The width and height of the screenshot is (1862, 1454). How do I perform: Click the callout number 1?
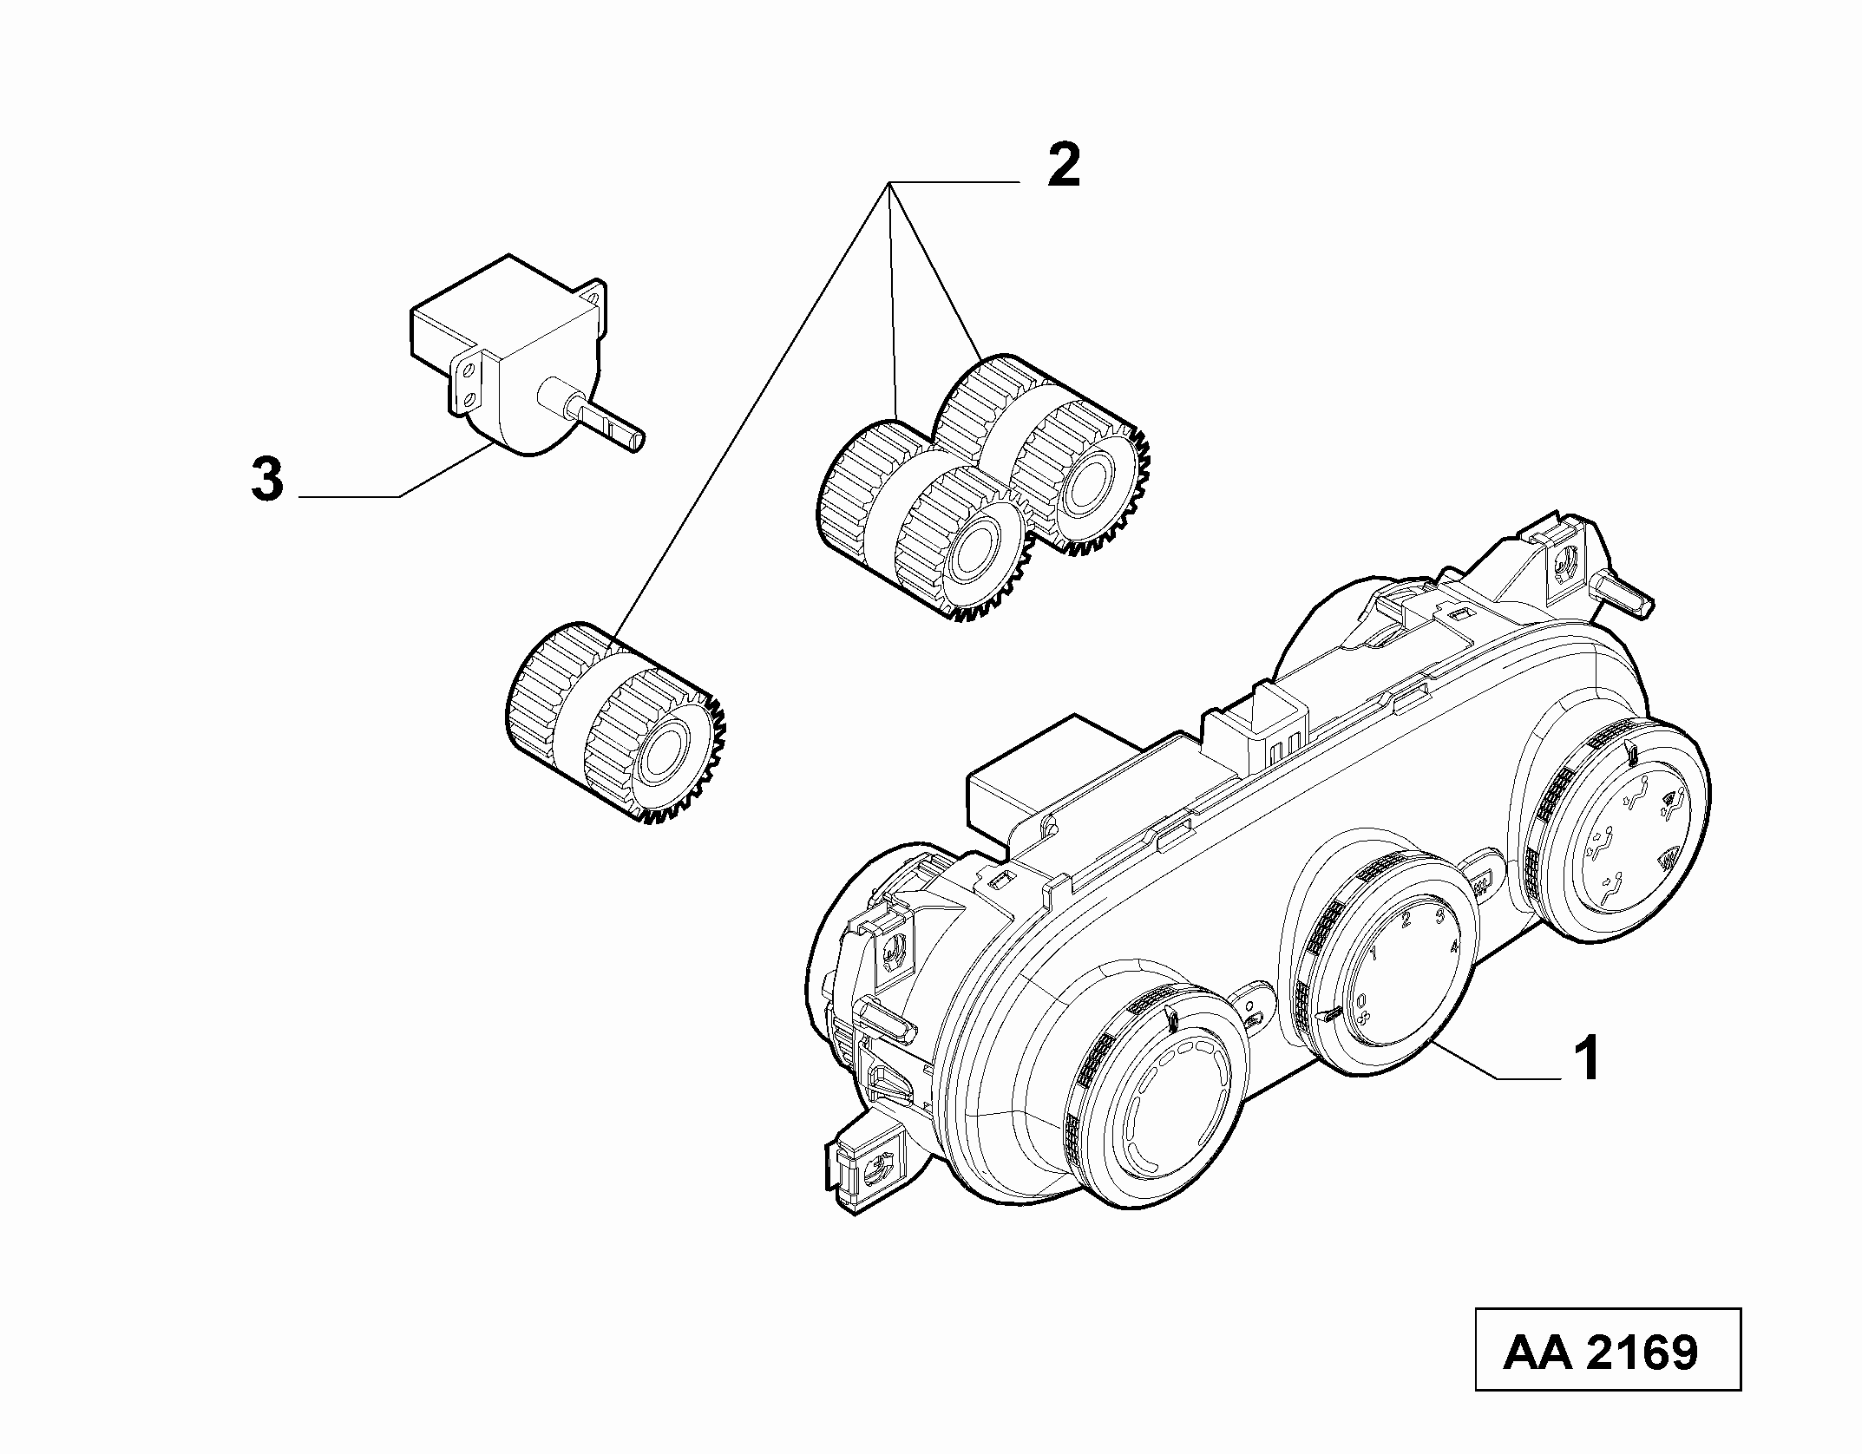1588,1059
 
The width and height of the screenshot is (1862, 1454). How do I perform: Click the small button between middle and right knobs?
1481,885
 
